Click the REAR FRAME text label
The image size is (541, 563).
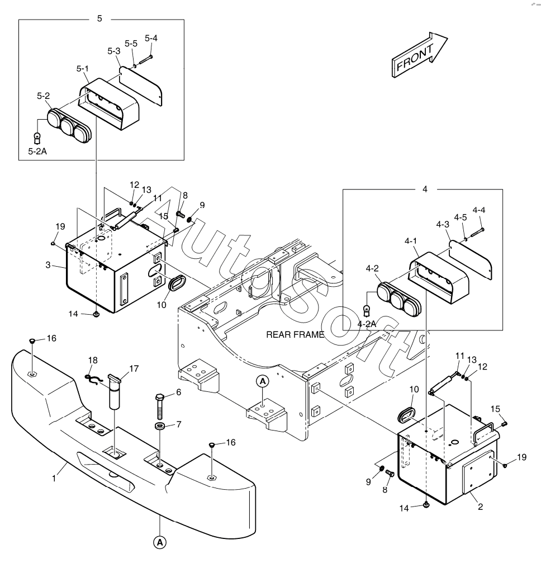click(x=295, y=335)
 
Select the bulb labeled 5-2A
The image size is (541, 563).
click(x=37, y=136)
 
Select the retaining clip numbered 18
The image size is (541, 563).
click(x=94, y=379)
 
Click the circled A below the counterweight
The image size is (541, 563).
click(x=159, y=541)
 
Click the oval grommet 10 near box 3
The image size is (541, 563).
click(x=177, y=282)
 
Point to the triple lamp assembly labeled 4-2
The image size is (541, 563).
click(x=399, y=297)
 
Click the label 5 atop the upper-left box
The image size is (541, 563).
click(x=100, y=18)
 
